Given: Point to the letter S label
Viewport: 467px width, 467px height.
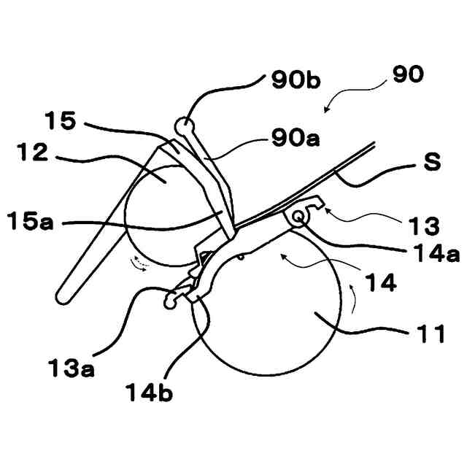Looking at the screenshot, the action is (x=432, y=162).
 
